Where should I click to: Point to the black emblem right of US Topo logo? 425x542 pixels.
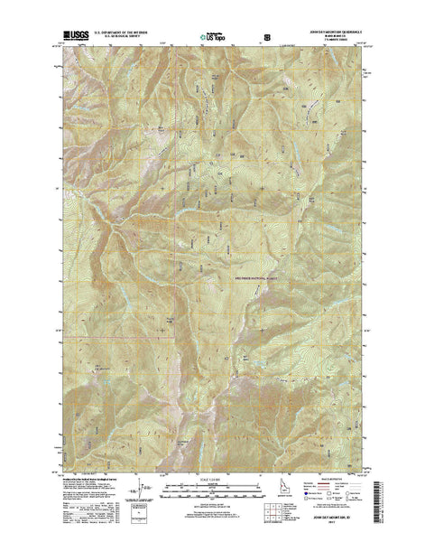coord(264,39)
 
